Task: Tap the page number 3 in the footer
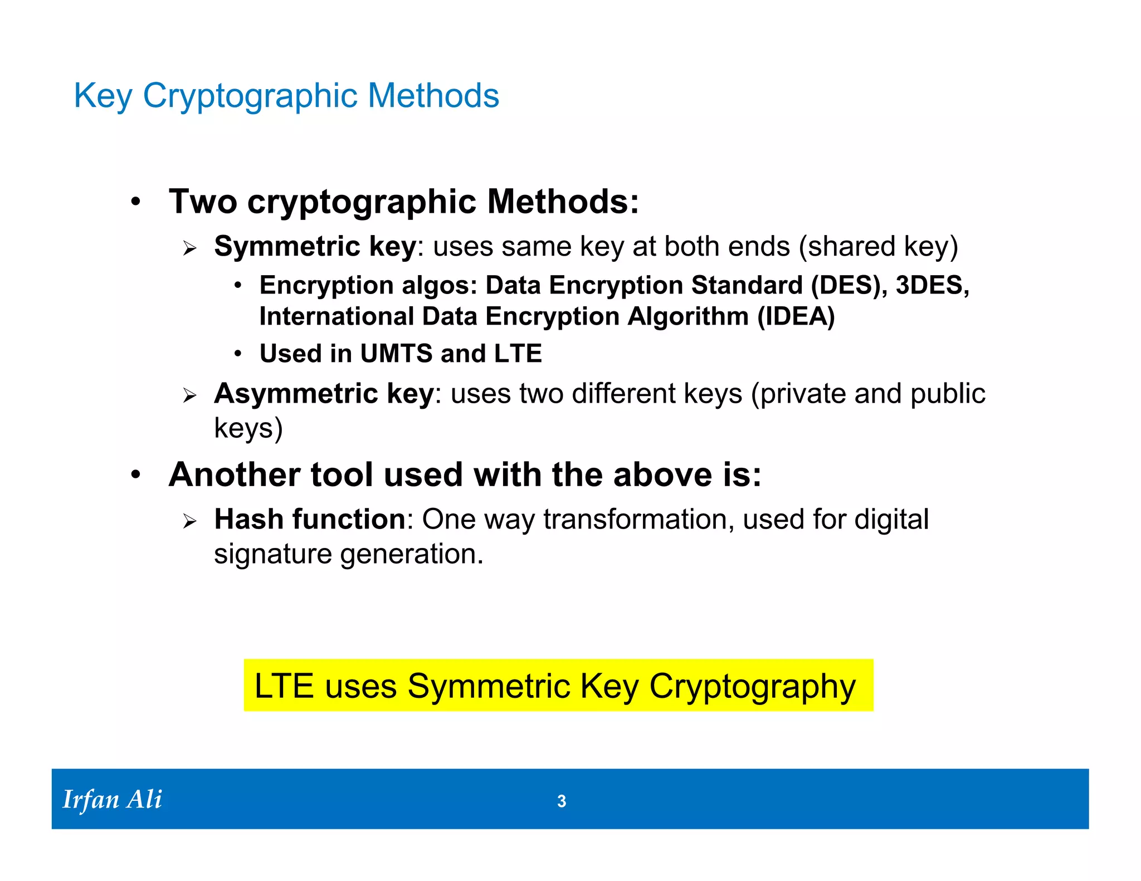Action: (x=562, y=801)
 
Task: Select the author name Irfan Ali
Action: (x=112, y=799)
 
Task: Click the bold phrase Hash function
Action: (x=310, y=519)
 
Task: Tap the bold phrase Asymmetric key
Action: (x=324, y=394)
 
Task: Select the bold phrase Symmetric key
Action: (x=315, y=246)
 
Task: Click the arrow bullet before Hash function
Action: (x=190, y=521)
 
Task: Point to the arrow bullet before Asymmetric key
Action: (x=190, y=396)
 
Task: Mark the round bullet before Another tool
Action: (x=136, y=475)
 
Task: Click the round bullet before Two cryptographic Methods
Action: (x=136, y=202)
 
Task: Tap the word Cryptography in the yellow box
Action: (x=752, y=686)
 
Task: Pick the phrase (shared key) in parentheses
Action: (x=878, y=246)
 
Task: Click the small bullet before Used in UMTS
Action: (x=238, y=354)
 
